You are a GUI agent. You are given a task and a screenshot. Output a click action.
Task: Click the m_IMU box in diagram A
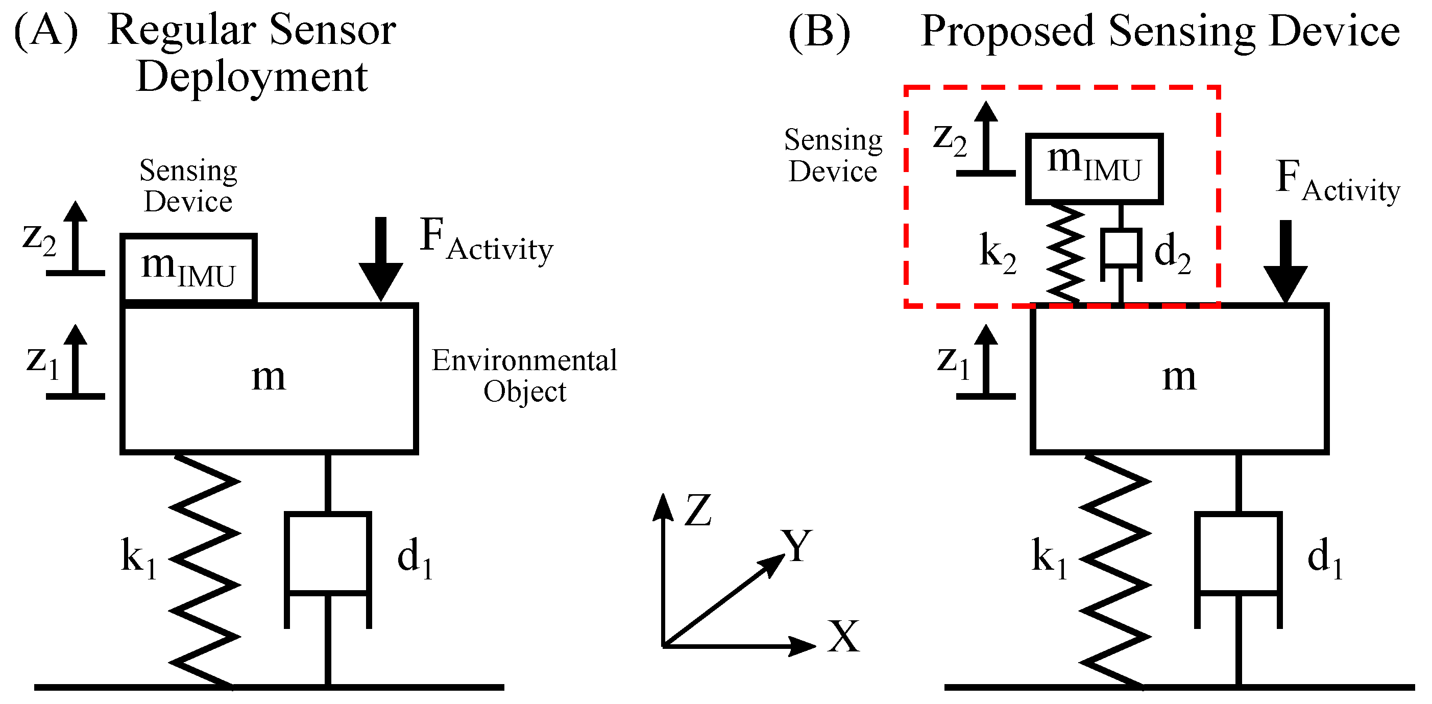[188, 268]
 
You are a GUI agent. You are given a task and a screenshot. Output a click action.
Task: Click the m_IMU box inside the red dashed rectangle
[1094, 168]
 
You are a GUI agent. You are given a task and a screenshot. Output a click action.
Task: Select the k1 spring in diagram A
[205, 570]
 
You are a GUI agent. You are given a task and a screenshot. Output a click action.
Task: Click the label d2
[1172, 253]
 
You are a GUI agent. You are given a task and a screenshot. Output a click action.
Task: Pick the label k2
[997, 253]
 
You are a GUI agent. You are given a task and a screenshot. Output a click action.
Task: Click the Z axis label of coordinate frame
[698, 510]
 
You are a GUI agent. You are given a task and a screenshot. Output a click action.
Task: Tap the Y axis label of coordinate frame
[796, 546]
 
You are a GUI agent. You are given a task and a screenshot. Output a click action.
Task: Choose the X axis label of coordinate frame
[843, 637]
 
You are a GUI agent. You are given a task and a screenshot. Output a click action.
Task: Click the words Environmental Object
[524, 375]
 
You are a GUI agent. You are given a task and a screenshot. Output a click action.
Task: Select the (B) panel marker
[819, 32]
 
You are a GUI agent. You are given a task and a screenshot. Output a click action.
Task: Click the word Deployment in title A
[252, 77]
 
